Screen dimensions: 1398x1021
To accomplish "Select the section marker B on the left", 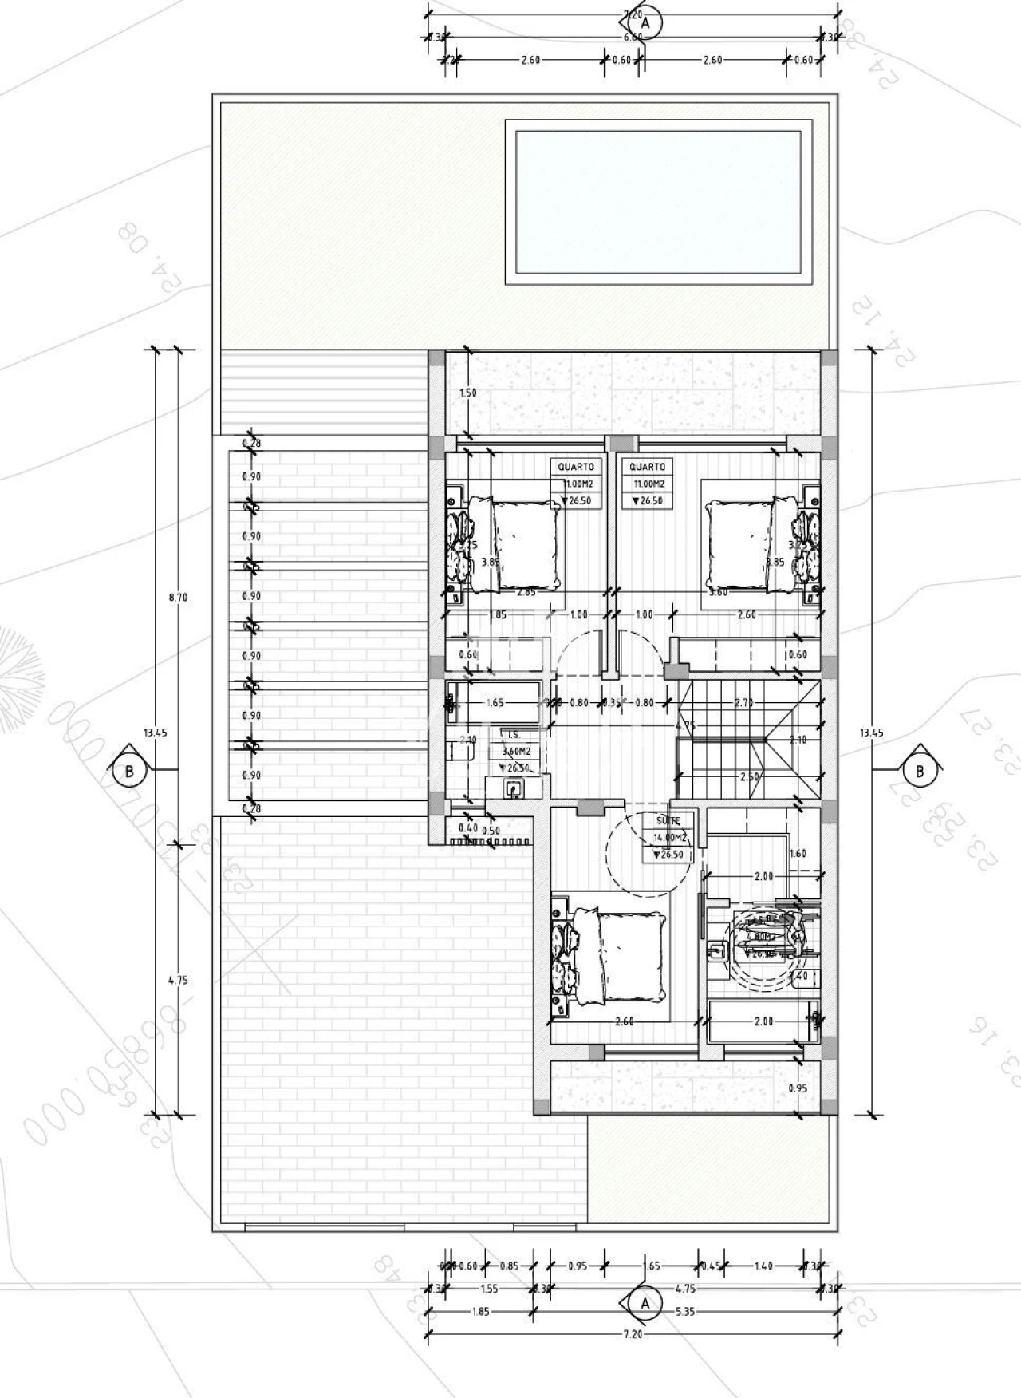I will pos(129,771).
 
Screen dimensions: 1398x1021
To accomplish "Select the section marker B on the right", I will pos(919,771).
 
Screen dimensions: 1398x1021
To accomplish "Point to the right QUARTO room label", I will pos(646,467).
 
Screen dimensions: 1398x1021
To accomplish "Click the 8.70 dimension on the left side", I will pos(178,597).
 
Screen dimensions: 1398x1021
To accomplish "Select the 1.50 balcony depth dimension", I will pos(468,393).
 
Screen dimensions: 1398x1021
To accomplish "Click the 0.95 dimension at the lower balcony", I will pos(798,1088).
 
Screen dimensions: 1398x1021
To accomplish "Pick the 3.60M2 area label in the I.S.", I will pos(515,751).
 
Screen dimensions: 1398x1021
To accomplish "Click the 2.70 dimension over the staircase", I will pos(744,703).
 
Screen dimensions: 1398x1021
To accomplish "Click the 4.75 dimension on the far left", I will pos(178,981).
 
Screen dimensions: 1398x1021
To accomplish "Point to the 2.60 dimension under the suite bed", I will pos(625,1021).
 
